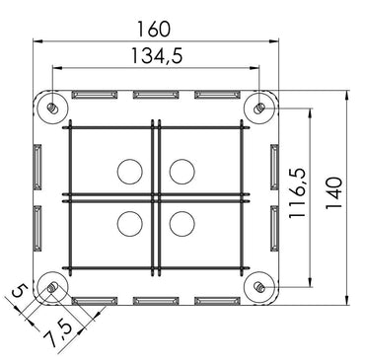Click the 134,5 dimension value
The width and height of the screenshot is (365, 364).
pos(156,58)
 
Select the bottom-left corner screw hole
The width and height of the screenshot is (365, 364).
pos(51,287)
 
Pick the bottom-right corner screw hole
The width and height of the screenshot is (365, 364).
pos(258,287)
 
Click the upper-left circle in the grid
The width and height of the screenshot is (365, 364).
pos(129,172)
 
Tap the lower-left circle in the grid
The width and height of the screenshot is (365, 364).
pos(129,223)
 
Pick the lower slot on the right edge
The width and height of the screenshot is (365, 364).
pos(272,227)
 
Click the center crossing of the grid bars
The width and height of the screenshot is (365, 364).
pos(155,196)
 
